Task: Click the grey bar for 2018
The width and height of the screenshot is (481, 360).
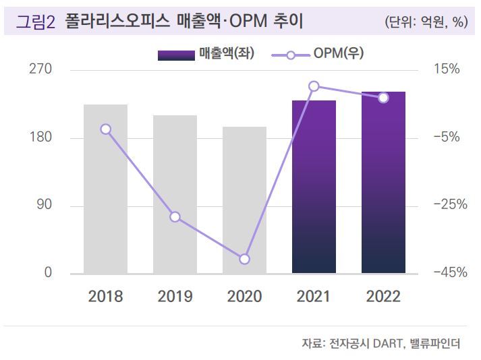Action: pyautogui.click(x=105, y=189)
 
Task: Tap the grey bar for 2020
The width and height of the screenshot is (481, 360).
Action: pyautogui.click(x=244, y=200)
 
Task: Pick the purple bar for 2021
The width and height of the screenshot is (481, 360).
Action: pyautogui.click(x=314, y=187)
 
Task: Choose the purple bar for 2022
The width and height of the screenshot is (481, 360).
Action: pyautogui.click(x=383, y=182)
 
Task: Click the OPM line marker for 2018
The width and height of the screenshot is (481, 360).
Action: pyautogui.click(x=105, y=129)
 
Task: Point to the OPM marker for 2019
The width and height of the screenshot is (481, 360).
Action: pyautogui.click(x=175, y=217)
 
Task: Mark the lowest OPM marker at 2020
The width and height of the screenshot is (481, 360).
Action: pyautogui.click(x=244, y=260)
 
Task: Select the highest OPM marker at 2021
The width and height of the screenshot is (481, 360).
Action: pyautogui.click(x=314, y=86)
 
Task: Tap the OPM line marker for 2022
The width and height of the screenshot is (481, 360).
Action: pyautogui.click(x=383, y=98)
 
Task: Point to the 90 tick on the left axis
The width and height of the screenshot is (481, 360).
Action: pyautogui.click(x=44, y=205)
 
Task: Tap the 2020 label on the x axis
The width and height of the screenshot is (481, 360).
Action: pyautogui.click(x=244, y=297)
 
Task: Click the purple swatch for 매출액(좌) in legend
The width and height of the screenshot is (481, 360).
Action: pyautogui.click(x=177, y=55)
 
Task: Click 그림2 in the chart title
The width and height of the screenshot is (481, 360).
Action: pyautogui.click(x=34, y=22)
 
